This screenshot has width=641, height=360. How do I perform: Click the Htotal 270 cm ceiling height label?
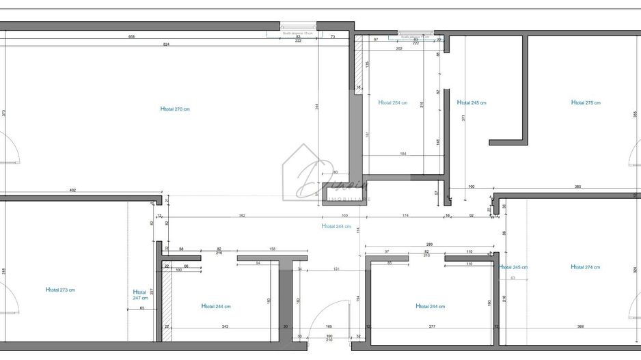[175, 109]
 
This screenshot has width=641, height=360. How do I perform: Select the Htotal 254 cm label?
[393, 103]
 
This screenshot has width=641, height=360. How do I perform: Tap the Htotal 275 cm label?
[586, 103]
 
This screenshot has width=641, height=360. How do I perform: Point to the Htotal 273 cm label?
[60, 290]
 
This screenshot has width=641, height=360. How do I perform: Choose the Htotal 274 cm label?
[586, 268]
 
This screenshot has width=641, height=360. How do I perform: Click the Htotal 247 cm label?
[140, 294]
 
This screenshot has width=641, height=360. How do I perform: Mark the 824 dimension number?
[166, 44]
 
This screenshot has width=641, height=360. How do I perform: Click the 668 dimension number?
[132, 36]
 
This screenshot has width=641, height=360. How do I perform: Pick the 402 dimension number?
[72, 191]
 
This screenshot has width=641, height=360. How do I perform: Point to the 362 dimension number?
[242, 216]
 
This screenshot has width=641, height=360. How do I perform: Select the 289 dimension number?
[429, 245]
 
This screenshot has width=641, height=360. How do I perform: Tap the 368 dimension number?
[580, 327]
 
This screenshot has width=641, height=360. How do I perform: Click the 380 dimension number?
[577, 186]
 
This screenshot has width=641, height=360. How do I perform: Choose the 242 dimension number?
[225, 327]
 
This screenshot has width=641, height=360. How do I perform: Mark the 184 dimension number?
[403, 154]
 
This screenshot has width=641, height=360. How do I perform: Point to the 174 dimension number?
[405, 216]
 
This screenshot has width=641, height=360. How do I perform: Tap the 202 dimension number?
[399, 49]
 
